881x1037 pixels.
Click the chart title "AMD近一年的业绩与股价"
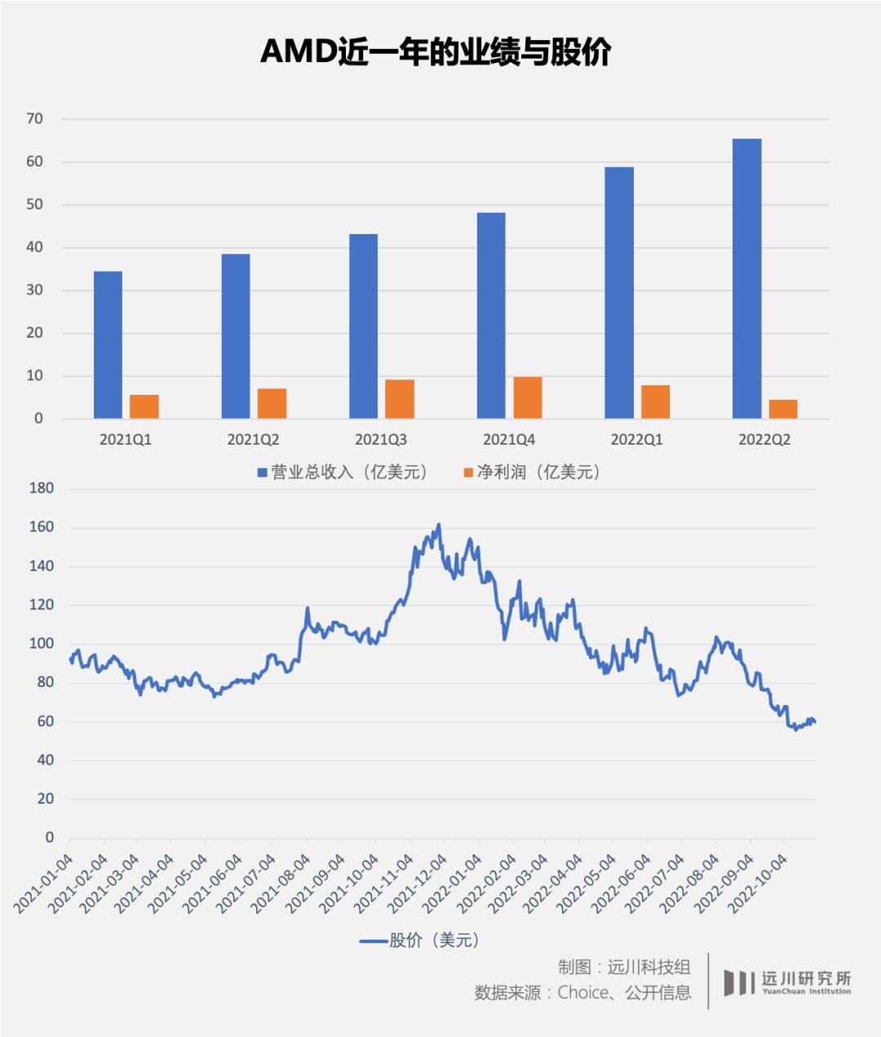coord(436,52)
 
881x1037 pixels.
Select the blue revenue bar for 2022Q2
coord(746,278)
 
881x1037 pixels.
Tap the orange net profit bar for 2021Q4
coord(528,397)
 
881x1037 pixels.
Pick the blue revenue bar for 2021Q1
coord(108,344)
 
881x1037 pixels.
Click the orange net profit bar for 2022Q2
coord(783,409)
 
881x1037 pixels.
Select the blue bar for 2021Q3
coord(363,326)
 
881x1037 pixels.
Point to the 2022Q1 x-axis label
coord(636,440)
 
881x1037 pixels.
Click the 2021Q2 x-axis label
coord(253,440)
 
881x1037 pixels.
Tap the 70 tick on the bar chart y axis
coord(33,119)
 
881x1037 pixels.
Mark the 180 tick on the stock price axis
coord(41,489)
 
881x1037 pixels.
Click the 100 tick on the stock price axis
coord(41,644)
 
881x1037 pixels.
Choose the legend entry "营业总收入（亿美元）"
coord(343,472)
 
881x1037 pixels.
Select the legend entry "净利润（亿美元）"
coord(531,472)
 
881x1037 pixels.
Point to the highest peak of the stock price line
coord(439,525)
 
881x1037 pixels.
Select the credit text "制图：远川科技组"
coord(624,968)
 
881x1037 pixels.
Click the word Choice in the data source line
coord(585,992)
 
